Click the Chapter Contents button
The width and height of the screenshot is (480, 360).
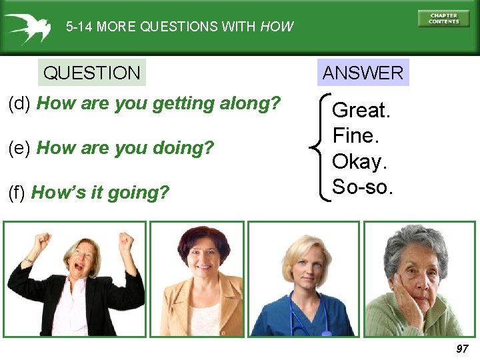(443, 18)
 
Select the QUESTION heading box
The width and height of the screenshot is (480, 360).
(91, 73)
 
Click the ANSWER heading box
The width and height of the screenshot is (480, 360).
(363, 73)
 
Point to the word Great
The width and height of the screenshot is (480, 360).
(361, 110)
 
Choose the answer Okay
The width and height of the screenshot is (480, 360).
(359, 161)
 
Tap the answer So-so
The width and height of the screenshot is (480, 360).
(363, 187)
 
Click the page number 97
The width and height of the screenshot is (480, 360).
(462, 349)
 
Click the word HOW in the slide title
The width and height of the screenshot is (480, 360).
(277, 27)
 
